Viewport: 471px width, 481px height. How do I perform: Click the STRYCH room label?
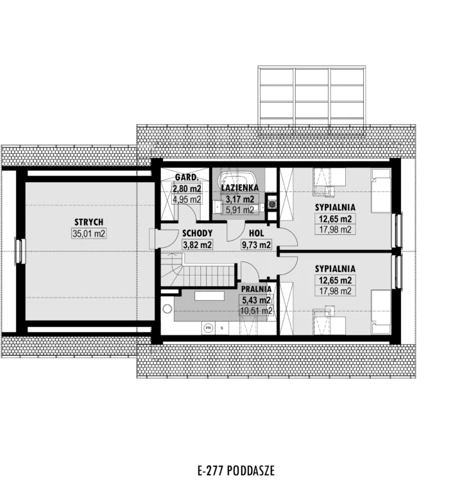89,222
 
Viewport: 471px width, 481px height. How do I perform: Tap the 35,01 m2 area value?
89,233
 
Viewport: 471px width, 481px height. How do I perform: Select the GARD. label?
187,177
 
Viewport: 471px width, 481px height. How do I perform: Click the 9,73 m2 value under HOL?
256,245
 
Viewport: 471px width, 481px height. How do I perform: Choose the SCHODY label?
197,233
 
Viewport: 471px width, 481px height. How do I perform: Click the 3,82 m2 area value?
197,245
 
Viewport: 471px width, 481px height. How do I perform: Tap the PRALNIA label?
256,289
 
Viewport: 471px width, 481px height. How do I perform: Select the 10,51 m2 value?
256,311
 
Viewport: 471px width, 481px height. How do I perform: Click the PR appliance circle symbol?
209,328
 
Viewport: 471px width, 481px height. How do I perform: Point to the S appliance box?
222,328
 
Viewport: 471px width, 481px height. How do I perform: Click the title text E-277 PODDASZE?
236,471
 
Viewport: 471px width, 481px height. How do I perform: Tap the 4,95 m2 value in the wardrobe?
187,199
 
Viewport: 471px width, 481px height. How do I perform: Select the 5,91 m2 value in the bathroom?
239,210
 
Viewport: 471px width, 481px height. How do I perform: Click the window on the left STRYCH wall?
19,251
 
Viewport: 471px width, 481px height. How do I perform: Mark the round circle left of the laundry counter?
167,309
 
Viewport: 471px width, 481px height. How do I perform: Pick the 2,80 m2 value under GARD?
187,188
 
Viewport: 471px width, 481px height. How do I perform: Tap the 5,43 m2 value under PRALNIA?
256,300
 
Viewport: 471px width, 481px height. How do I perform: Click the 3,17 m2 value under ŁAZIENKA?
239,199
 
